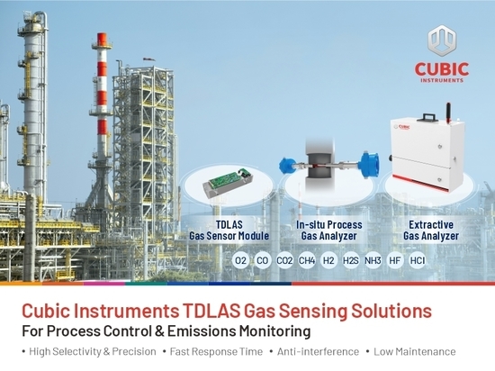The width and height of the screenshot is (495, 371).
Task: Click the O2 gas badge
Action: (x=240, y=261)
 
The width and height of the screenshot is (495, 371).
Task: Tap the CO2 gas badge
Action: (x=284, y=261)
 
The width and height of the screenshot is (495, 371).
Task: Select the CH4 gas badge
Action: (x=307, y=261)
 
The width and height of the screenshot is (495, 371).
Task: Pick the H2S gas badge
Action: (x=351, y=261)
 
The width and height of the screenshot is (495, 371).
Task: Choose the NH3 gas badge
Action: (x=373, y=261)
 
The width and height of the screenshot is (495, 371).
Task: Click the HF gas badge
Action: (x=395, y=261)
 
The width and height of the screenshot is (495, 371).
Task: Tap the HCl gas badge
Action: (x=417, y=261)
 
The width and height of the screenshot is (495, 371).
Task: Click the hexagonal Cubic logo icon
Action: (x=442, y=41)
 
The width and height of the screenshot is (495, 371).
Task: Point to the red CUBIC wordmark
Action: (x=442, y=69)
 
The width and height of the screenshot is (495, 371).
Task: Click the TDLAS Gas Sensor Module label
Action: (x=229, y=231)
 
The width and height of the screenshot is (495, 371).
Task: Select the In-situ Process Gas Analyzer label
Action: (x=328, y=231)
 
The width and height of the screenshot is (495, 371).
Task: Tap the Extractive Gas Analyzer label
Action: (x=431, y=231)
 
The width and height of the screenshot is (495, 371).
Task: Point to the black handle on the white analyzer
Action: (x=427, y=117)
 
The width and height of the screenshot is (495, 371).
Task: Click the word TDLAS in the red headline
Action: (x=211, y=311)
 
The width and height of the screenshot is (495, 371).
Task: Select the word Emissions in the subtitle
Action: (x=202, y=331)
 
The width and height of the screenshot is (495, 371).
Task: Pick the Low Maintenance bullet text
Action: (x=415, y=352)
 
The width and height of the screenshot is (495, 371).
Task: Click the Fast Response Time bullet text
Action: (x=216, y=352)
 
